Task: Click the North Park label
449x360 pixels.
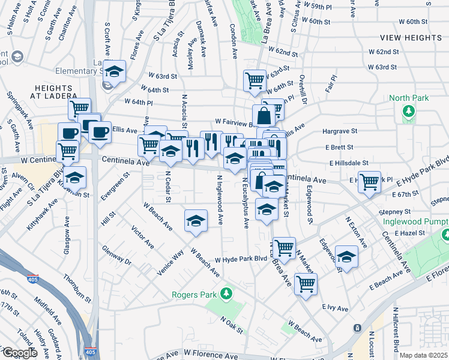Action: coord(409,98)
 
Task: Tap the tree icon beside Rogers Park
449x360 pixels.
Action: coord(226,294)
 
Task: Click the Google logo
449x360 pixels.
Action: coord(19,353)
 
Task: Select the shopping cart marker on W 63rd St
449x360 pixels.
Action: coord(255,79)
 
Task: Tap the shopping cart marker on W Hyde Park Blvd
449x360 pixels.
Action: coord(284,246)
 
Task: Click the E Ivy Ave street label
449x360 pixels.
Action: coord(335,308)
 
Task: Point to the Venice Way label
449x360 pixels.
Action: coord(170,263)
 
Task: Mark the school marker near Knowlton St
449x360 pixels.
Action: coord(74,178)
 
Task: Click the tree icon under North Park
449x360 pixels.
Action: coord(409,111)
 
